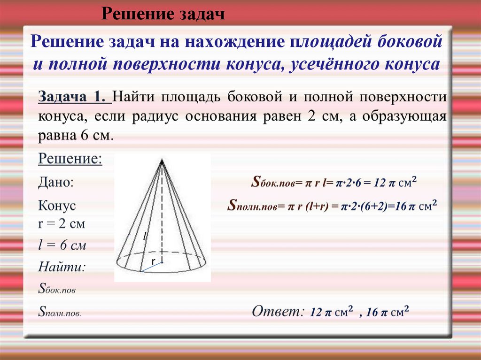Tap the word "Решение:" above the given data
(x=70, y=158)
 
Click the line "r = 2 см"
(x=61, y=223)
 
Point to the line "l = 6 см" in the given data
(x=62, y=245)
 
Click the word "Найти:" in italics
(x=62, y=268)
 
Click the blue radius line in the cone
(x=151, y=268)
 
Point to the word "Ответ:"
(x=275, y=312)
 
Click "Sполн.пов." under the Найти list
(x=59, y=312)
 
